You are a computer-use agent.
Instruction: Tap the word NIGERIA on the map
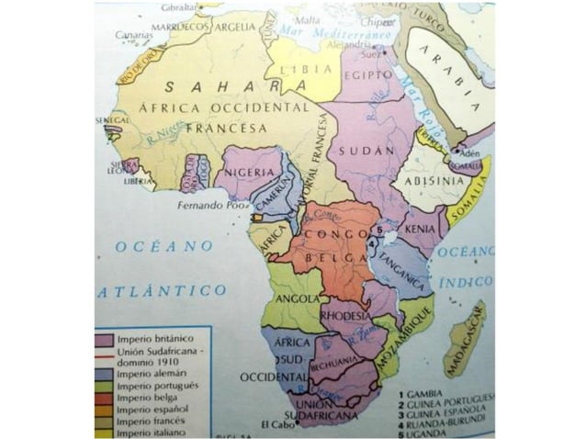(248, 172)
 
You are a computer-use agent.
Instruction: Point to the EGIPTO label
(367, 80)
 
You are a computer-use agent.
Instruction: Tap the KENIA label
(421, 225)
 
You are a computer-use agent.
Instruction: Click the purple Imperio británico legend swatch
(104, 339)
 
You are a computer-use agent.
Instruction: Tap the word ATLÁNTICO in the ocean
(162, 290)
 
